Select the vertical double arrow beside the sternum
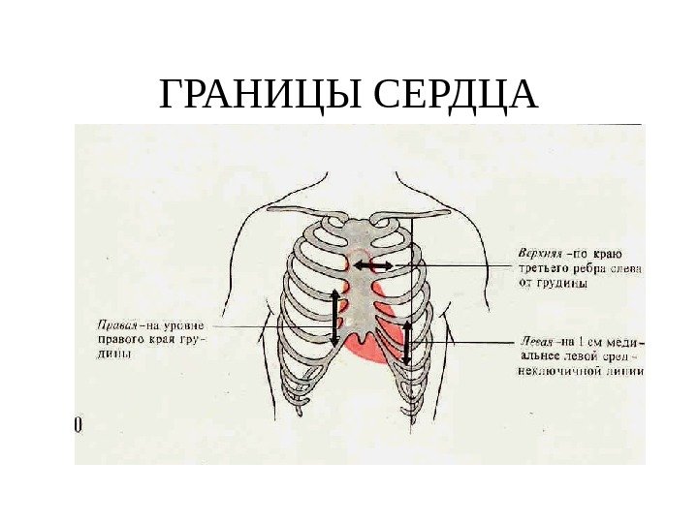tap(335, 317)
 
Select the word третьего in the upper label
tap(532, 269)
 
